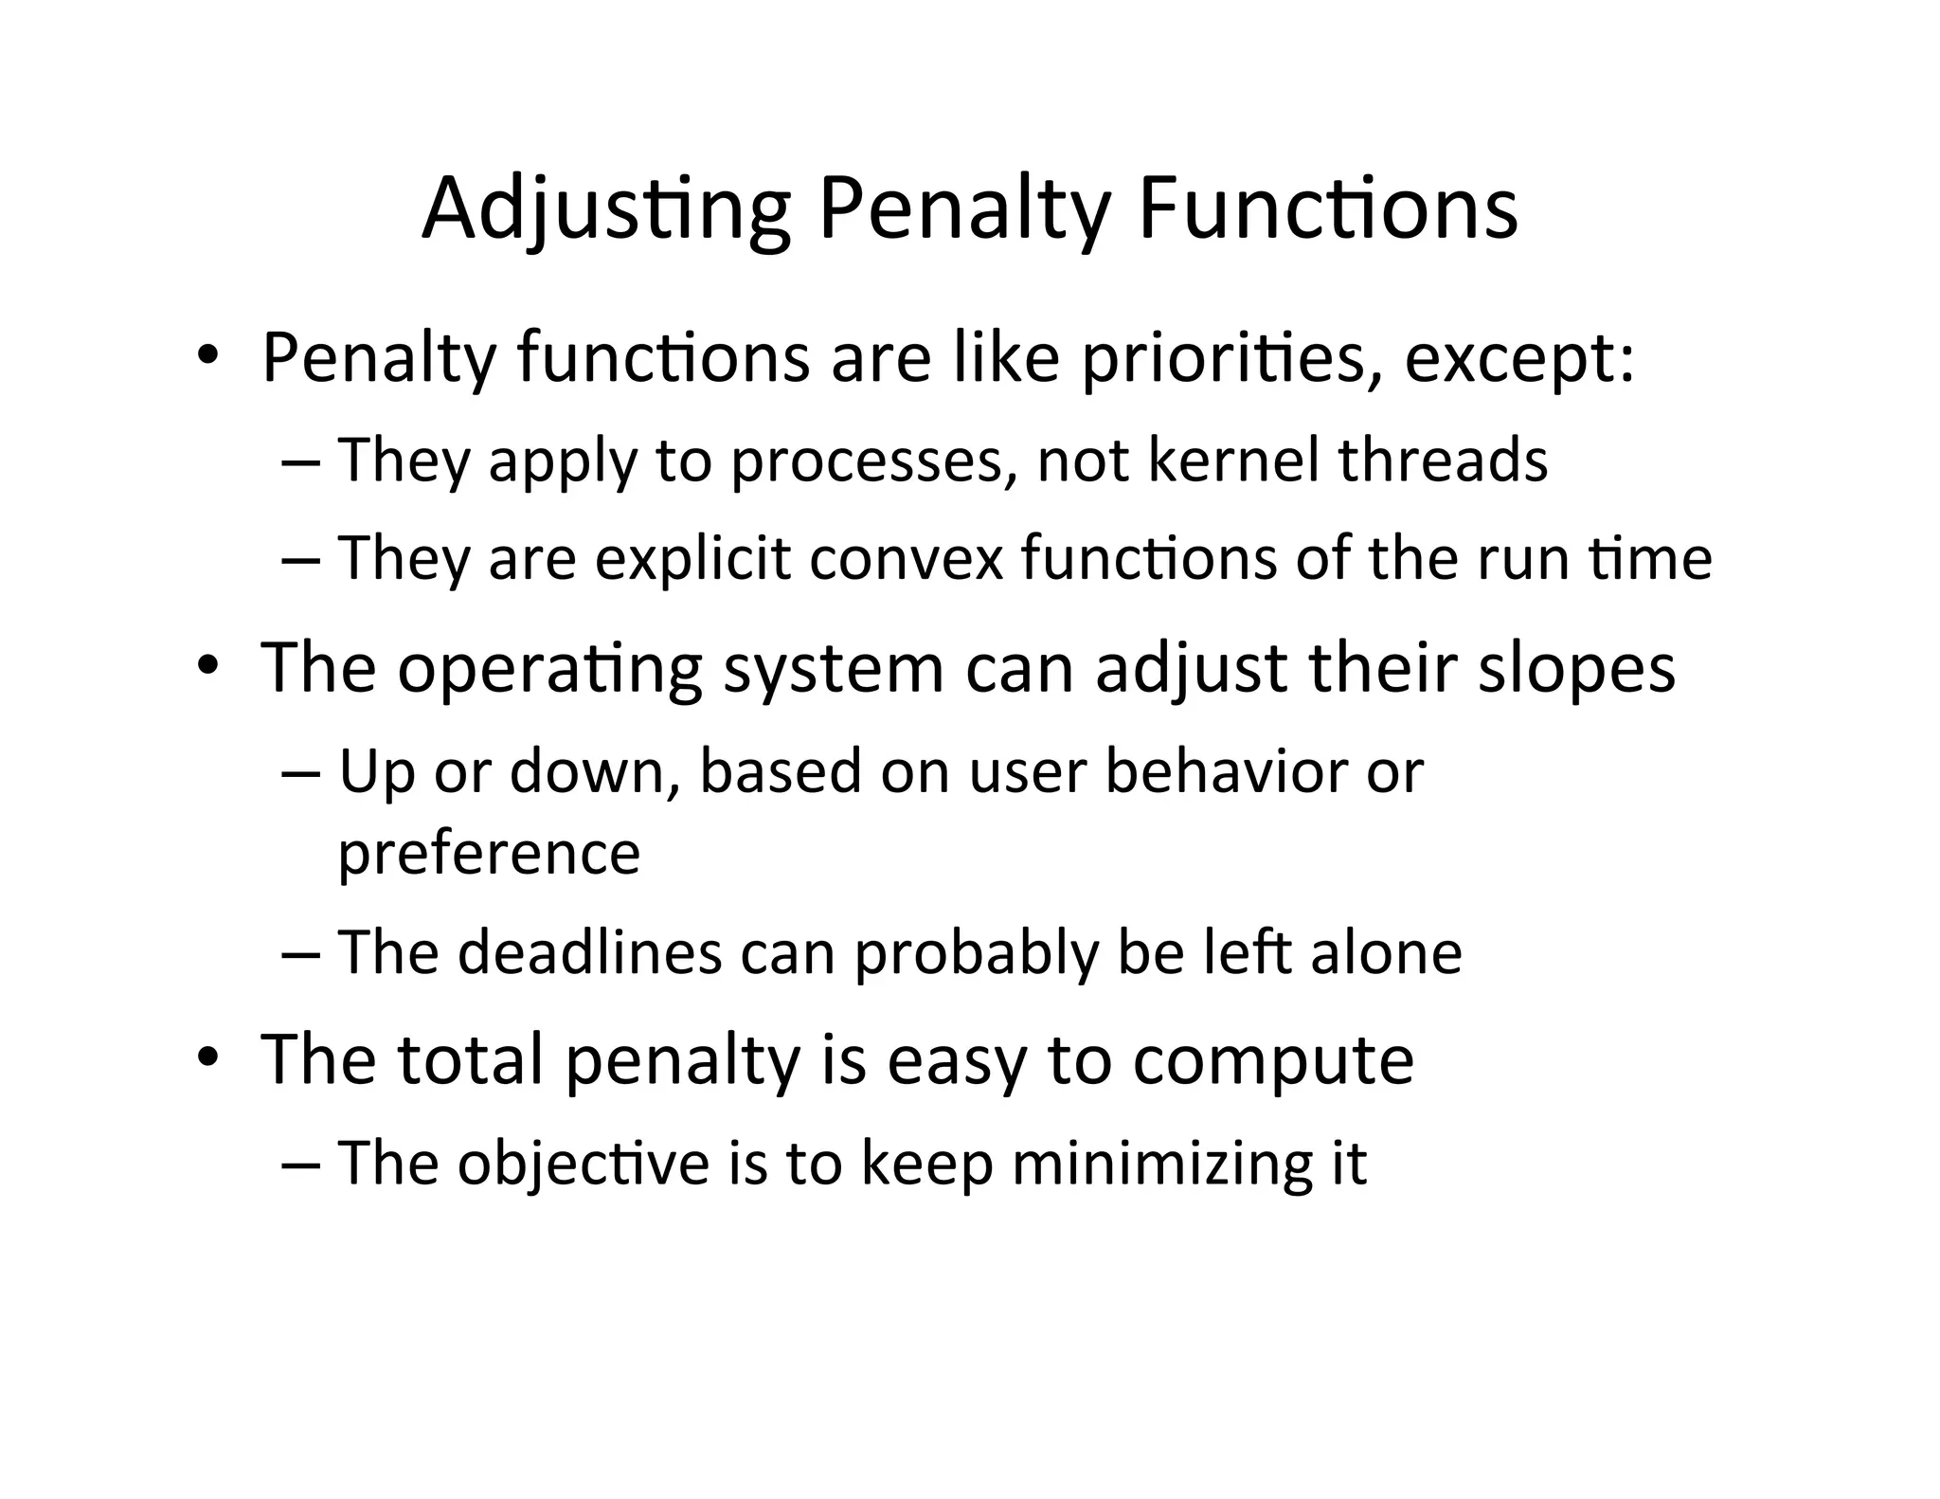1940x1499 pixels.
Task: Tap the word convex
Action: coord(906,559)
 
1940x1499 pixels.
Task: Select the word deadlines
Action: coord(589,952)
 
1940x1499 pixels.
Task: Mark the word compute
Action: coord(1273,1061)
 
